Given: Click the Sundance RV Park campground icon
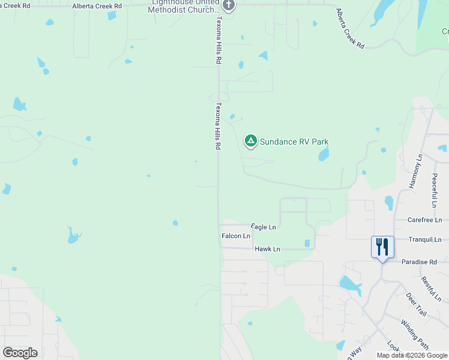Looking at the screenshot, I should pos(251,142).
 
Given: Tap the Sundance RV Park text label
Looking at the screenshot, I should pos(294,142).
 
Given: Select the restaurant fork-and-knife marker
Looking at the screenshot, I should pos(382,247).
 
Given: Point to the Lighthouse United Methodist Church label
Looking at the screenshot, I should pos(184,7).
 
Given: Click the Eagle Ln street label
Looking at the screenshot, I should pos(264,227).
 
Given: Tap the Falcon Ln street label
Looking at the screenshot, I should pos(236,236).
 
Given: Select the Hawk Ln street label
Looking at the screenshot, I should pos(267,248).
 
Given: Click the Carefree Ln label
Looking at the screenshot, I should pos(424,220).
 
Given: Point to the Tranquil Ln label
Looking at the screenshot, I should pos(425,239).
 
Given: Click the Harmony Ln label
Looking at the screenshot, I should pos(416,172).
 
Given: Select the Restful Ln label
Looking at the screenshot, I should pos(431,289).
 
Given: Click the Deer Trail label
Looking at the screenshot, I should pos(415,305).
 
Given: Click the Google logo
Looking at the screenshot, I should pos(20,353).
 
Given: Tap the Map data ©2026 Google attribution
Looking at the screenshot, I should pos(412,355).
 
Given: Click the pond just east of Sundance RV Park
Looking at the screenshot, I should pos(324,155).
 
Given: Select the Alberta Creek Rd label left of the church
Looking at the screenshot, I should pos(97,6).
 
